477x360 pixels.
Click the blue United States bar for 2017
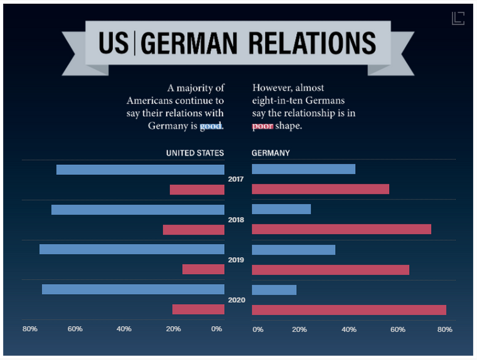coord(140,169)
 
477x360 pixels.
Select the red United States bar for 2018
coord(193,230)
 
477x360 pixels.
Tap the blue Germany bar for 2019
coord(293,250)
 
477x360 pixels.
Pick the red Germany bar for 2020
coord(348,310)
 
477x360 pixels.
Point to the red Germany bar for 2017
coord(320,189)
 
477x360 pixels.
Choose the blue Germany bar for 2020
coord(274,290)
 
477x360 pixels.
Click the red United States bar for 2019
coord(203,270)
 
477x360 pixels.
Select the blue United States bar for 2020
coord(133,290)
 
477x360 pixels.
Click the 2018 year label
coord(236,220)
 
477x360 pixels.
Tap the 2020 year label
coord(236,300)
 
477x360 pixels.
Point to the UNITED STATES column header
coord(195,153)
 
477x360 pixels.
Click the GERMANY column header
coord(271,153)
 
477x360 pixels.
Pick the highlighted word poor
coord(262,125)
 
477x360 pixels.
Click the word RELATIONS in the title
coord(312,42)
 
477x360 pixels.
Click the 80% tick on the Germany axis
coord(444,329)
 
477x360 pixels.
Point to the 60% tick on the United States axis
coord(75,329)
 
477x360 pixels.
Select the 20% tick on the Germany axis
coord(299,329)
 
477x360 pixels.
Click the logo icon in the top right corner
coord(458,18)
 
